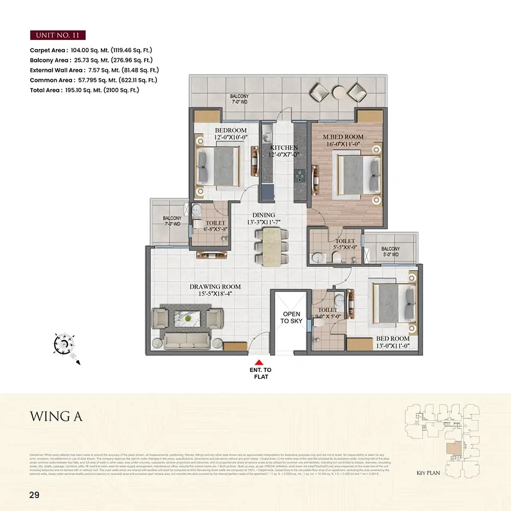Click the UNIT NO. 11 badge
(x=57, y=35)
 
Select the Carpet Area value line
(x=91, y=50)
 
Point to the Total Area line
(x=84, y=90)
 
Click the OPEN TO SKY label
(x=292, y=317)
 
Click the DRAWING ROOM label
(x=215, y=290)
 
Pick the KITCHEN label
(x=284, y=151)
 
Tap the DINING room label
(x=263, y=219)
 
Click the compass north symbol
(x=63, y=344)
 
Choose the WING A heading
(x=56, y=416)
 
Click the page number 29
(x=34, y=495)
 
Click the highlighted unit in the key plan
(x=452, y=450)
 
